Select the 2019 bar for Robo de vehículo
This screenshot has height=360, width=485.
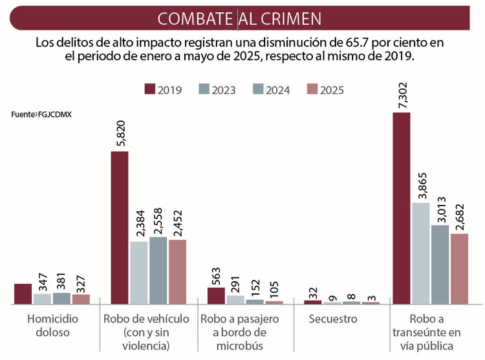point(120,228)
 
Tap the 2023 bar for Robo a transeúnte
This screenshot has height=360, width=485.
point(421,253)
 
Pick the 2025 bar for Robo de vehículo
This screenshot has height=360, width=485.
point(177,271)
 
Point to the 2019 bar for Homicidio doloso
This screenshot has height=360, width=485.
point(23,294)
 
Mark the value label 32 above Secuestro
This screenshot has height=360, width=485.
point(312,291)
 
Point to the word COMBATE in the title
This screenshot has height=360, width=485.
point(195,19)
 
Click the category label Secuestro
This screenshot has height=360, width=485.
point(332,319)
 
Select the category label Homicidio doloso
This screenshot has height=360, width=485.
point(52,326)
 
